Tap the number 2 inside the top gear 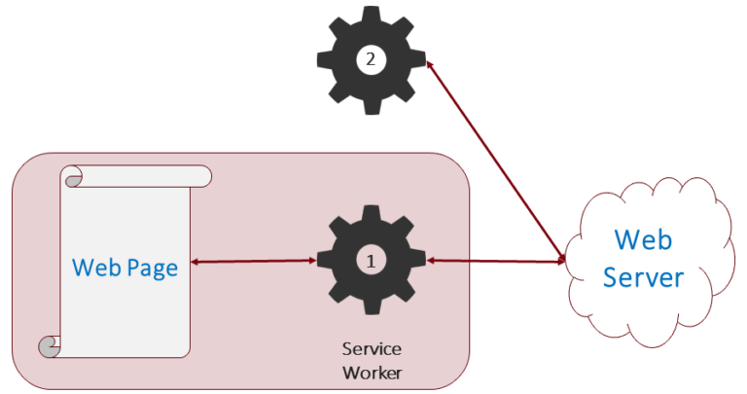pyautogui.click(x=370, y=59)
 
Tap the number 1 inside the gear pyautogui.click(x=371, y=261)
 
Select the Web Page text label pyautogui.click(x=125, y=267)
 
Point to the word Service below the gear pyautogui.click(x=371, y=348)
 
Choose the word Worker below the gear pyautogui.click(x=371, y=372)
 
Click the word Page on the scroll pyautogui.click(x=153, y=267)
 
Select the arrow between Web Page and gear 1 pyautogui.click(x=253, y=261)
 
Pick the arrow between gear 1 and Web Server pyautogui.click(x=496, y=261)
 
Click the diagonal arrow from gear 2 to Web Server pyautogui.click(x=496, y=161)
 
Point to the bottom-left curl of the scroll pyautogui.click(x=49, y=345)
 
